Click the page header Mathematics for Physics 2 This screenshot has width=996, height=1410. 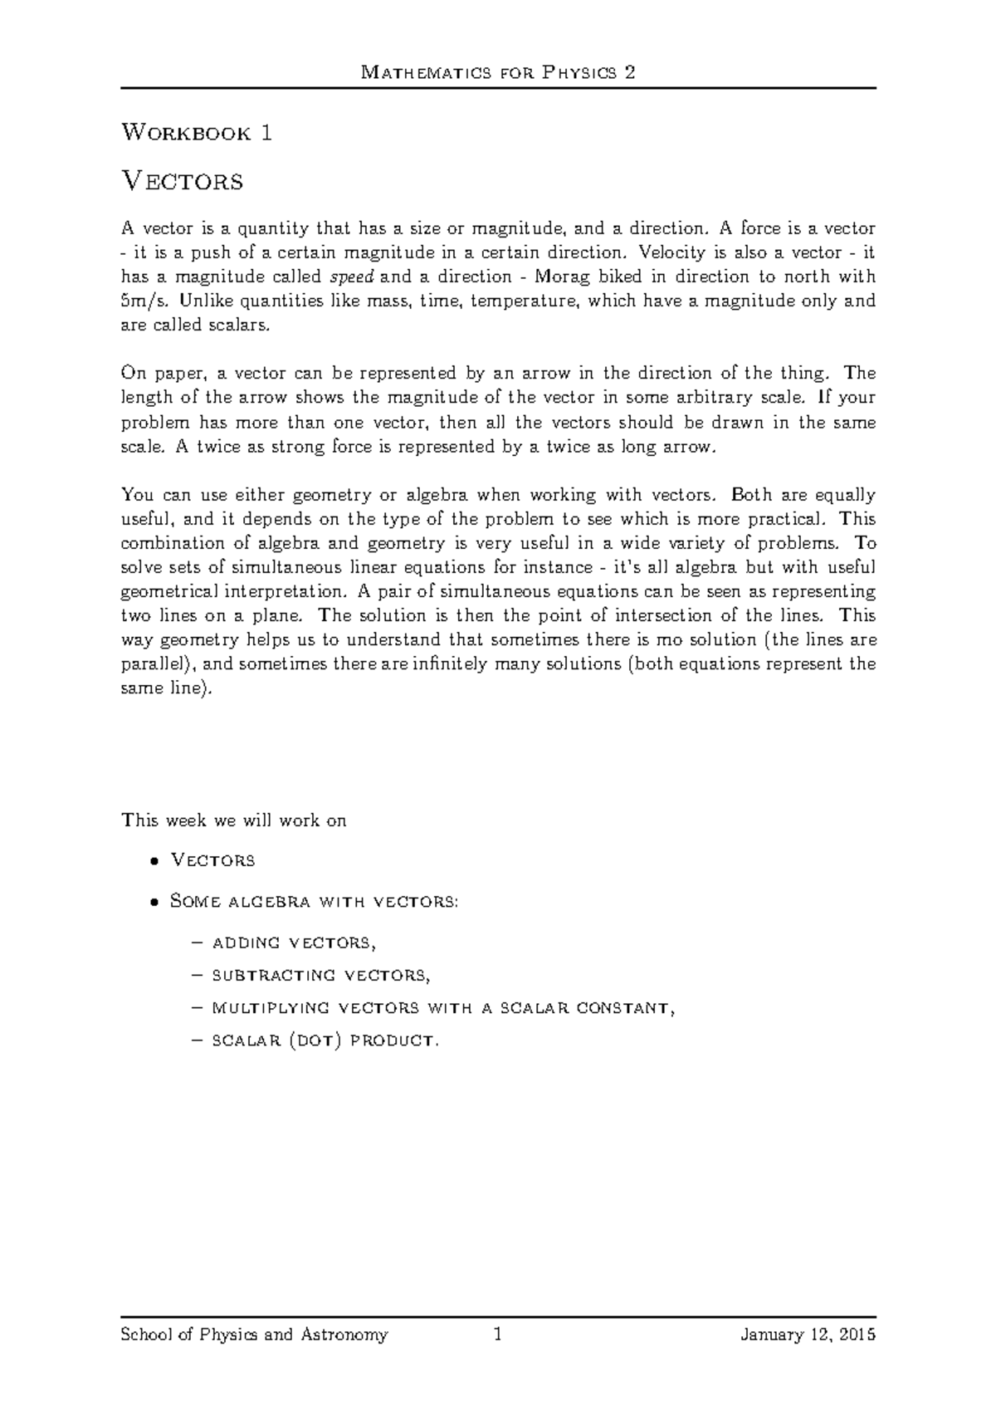point(498,72)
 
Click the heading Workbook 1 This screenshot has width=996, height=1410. point(197,133)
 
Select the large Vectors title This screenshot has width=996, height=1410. point(182,180)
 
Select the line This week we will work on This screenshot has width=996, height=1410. point(233,821)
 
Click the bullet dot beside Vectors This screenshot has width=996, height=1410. point(154,861)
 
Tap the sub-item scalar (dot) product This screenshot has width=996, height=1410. point(325,1040)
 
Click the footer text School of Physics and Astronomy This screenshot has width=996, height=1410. point(254,1335)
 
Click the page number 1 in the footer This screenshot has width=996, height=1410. point(498,1335)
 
